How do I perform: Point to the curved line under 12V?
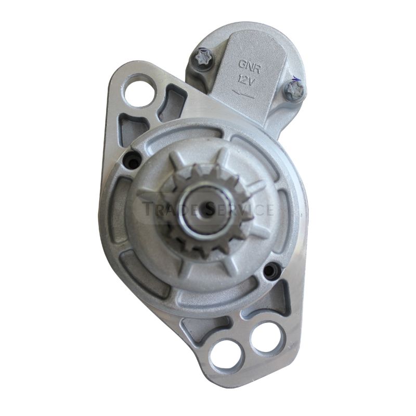[x=244, y=93]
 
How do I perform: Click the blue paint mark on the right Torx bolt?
[x=297, y=81]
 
